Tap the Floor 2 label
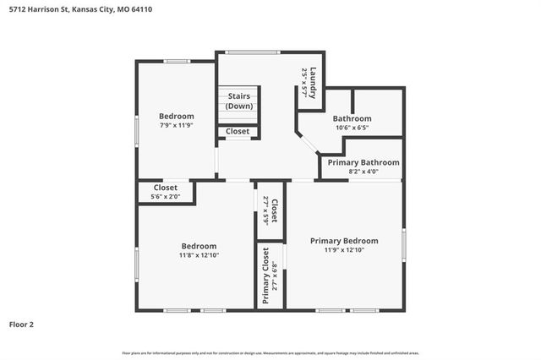click(x=22, y=324)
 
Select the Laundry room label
click(x=313, y=83)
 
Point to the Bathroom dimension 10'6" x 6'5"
click(x=352, y=128)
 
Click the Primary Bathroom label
click(x=363, y=162)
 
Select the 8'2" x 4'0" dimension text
click(x=363, y=172)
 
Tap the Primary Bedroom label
click(x=344, y=241)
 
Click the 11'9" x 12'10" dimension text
click(x=344, y=250)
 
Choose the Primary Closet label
click(x=266, y=275)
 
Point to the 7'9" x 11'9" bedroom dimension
click(x=177, y=125)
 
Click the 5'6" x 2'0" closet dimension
click(x=165, y=197)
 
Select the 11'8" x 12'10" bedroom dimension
click(x=199, y=255)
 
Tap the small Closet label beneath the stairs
click(x=238, y=132)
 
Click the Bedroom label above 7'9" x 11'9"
click(x=177, y=116)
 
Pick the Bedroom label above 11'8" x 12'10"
click(x=199, y=246)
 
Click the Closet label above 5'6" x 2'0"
click(x=165, y=188)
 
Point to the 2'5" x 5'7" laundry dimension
click(x=303, y=83)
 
